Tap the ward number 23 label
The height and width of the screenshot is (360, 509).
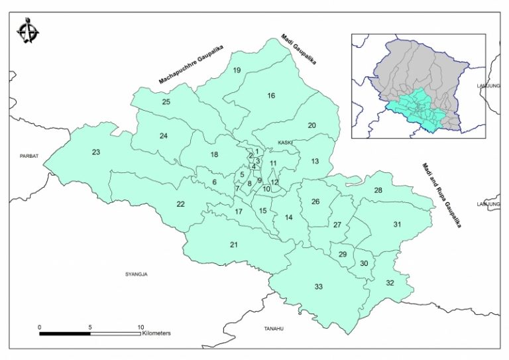point(96,152)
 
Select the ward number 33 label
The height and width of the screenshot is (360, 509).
point(319,286)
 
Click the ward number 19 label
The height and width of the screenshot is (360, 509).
point(236,70)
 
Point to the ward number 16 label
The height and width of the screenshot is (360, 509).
point(270,96)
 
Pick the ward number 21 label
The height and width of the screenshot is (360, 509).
point(234,245)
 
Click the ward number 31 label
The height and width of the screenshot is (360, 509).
point(397,225)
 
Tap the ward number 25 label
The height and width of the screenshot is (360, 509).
point(166,101)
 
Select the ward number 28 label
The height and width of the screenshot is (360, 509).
point(378,191)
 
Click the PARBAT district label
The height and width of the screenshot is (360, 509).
point(30,156)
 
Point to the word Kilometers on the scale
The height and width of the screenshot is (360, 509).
point(156,333)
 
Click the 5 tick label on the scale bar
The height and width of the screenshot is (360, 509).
point(90,328)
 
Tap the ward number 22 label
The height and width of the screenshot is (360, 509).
point(180,204)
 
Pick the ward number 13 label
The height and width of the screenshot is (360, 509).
point(315,161)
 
